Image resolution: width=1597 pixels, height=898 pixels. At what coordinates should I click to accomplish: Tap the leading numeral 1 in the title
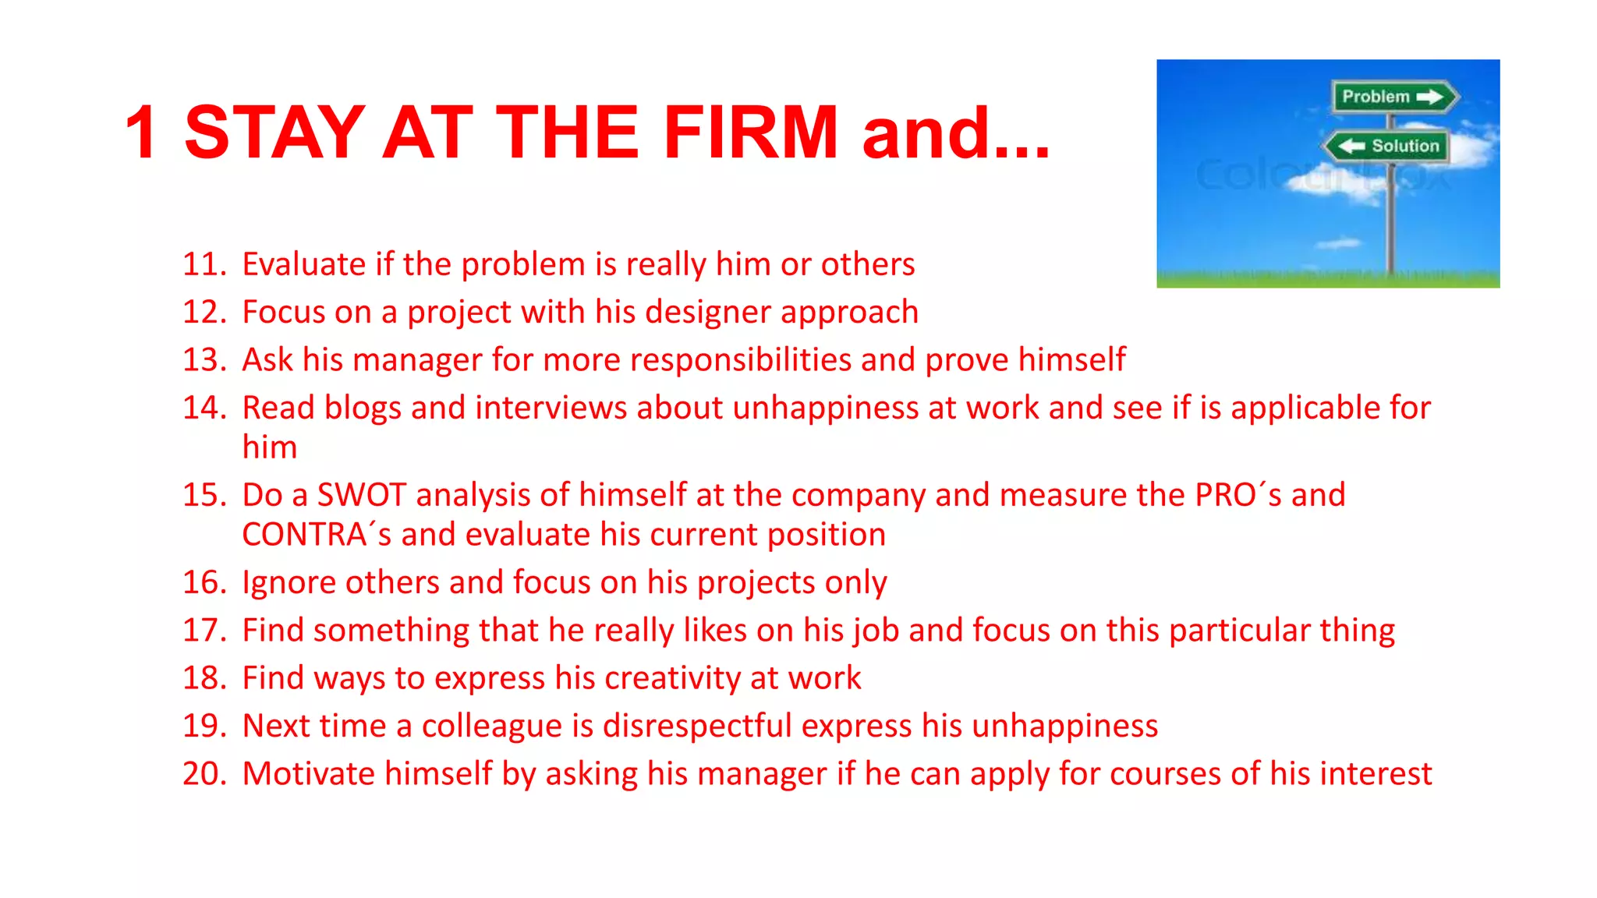coord(142,133)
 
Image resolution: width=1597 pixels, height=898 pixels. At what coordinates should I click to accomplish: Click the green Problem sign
coord(1393,97)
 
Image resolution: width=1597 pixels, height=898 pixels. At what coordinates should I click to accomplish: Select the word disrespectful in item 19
coord(697,726)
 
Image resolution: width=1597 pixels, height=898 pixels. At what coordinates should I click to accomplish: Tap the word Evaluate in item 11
coord(304,264)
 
